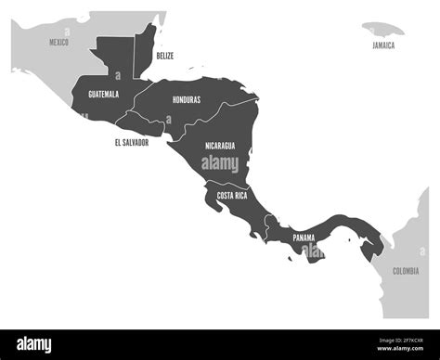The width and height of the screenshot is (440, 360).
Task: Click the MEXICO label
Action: click(59, 42)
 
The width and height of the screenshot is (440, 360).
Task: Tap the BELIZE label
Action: click(164, 56)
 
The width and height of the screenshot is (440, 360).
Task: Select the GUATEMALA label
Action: click(103, 95)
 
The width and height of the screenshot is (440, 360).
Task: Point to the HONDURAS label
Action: click(186, 99)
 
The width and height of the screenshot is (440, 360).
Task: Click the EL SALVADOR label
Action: click(132, 142)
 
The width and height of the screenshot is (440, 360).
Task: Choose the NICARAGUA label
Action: click(219, 146)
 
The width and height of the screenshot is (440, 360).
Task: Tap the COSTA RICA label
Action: click(231, 196)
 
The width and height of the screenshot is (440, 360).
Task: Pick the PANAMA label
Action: click(304, 238)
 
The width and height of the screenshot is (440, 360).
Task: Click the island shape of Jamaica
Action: click(381, 30)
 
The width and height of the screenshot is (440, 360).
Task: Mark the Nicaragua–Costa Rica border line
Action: click(227, 185)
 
